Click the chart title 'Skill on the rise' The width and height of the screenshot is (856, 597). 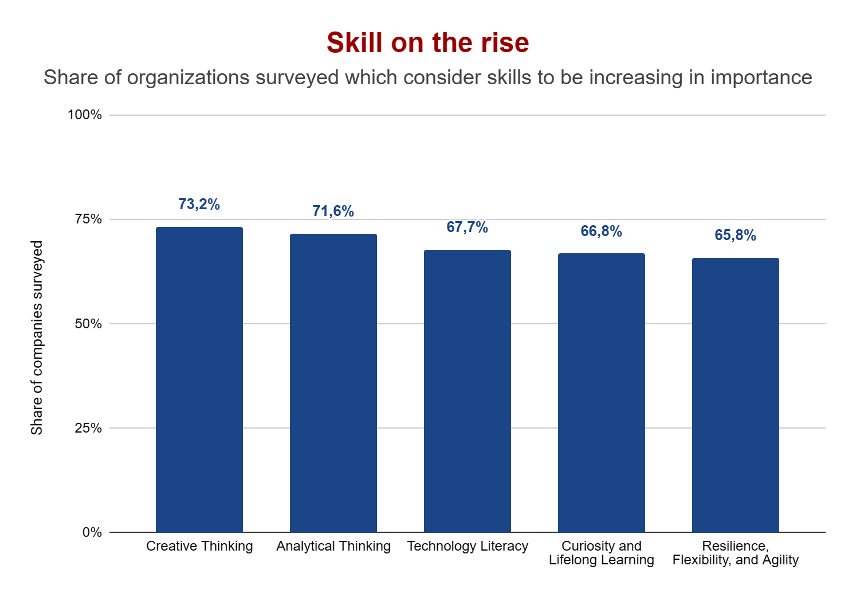tap(427, 43)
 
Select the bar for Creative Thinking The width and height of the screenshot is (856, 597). tap(199, 379)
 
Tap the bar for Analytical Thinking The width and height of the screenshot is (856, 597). tap(333, 383)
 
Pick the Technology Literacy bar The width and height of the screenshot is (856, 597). tap(468, 391)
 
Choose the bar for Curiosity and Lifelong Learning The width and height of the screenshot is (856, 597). tap(602, 392)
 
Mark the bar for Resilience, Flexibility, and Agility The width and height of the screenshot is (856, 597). tap(736, 395)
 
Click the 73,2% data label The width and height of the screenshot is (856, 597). tap(199, 205)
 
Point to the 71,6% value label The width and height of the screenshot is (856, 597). tap(333, 211)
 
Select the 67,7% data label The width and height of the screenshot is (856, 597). tap(468, 227)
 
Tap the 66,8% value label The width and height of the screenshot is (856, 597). tap(602, 231)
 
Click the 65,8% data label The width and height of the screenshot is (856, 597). tap(736, 235)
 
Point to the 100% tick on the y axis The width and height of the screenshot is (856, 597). tap(85, 115)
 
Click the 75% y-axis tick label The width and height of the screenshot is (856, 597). tap(88, 219)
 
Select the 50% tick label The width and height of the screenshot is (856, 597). tap(88, 324)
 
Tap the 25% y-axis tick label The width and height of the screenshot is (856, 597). tap(88, 428)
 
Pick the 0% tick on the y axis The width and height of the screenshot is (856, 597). tap(92, 532)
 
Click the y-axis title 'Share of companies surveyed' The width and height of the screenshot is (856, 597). tap(37, 338)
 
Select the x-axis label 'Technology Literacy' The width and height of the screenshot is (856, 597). tap(468, 547)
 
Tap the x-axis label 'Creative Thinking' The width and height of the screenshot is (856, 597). tap(199, 547)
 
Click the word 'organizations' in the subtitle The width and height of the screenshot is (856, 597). tap(188, 78)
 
